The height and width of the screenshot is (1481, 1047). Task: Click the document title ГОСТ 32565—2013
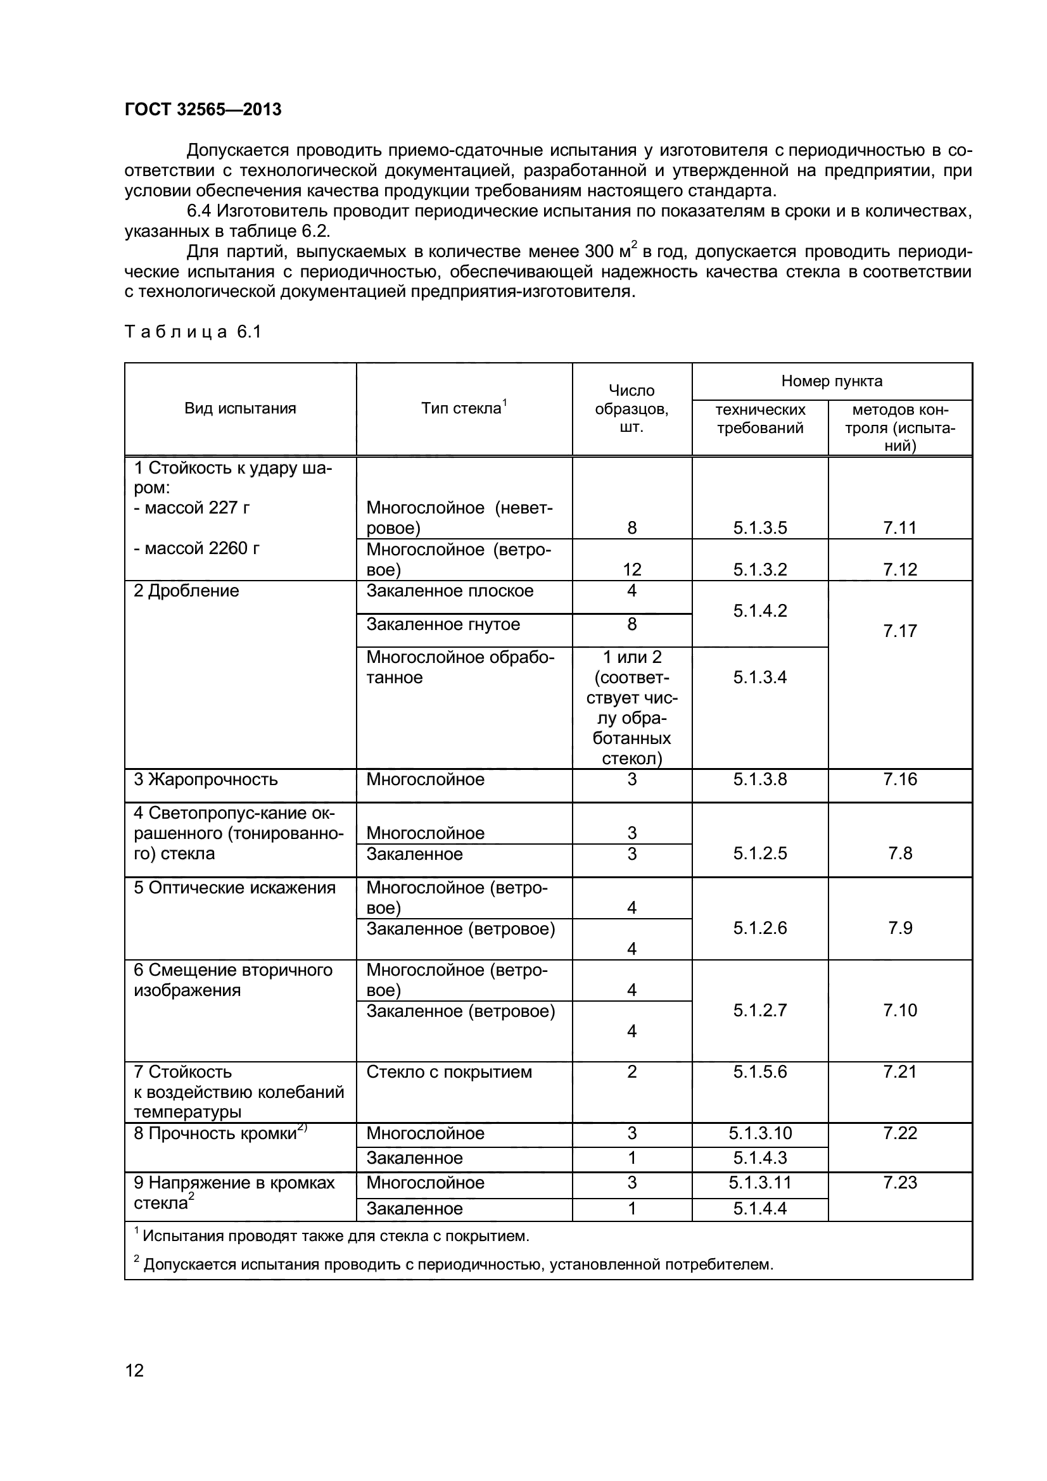203,110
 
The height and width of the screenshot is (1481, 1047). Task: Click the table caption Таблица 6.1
193,332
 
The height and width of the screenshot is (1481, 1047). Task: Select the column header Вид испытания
240,408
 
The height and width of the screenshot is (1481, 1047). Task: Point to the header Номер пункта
832,381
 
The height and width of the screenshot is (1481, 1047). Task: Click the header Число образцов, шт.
631,408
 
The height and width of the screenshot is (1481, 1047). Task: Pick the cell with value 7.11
899,527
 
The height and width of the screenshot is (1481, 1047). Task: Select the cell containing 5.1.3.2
760,569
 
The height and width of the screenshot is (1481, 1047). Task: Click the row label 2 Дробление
186,591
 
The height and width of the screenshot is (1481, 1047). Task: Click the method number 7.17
899,631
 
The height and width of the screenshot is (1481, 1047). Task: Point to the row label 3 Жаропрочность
206,779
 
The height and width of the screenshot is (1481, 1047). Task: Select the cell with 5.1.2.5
760,854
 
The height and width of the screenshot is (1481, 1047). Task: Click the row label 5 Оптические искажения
235,888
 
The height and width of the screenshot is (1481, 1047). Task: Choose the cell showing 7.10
899,1010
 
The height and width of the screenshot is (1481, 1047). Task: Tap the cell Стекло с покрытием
449,1072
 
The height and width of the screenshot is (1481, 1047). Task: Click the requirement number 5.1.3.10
760,1133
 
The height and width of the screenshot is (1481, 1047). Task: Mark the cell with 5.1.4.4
760,1208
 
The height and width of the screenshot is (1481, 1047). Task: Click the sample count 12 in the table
631,569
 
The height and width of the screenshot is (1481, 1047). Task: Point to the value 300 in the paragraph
599,251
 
